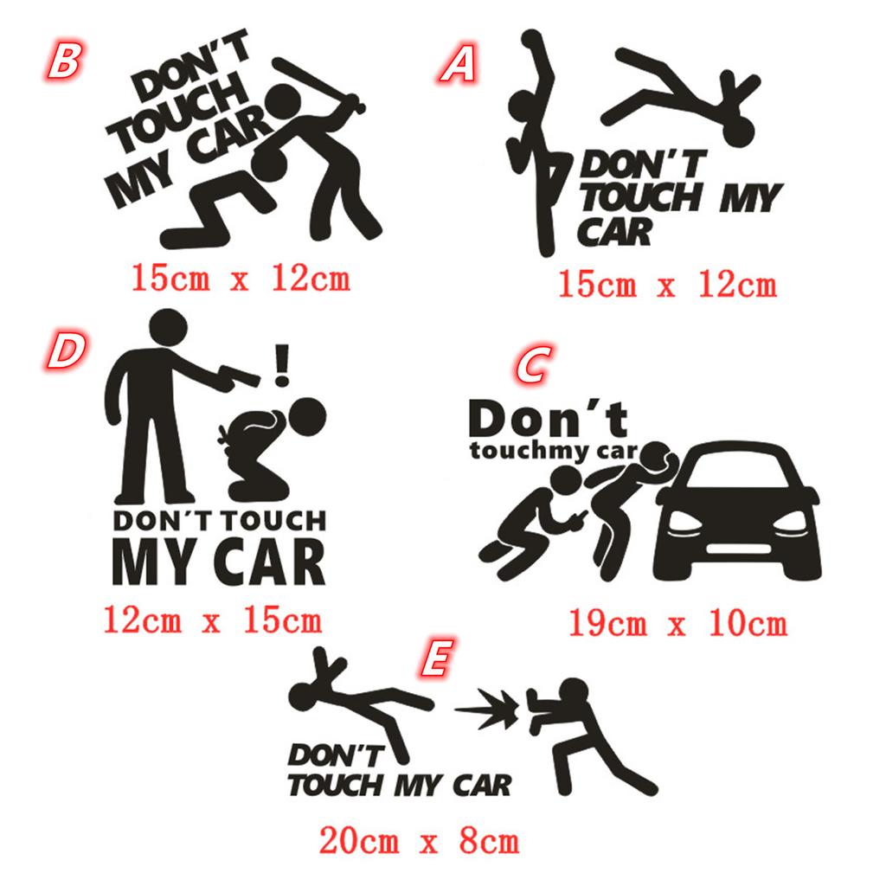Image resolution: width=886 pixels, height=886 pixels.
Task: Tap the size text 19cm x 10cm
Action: (677, 624)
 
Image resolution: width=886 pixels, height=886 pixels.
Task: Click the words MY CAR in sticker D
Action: (219, 561)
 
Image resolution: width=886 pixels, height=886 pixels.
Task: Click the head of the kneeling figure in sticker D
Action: (307, 417)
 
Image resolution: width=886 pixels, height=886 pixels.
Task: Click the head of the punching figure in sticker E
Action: (575, 691)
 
